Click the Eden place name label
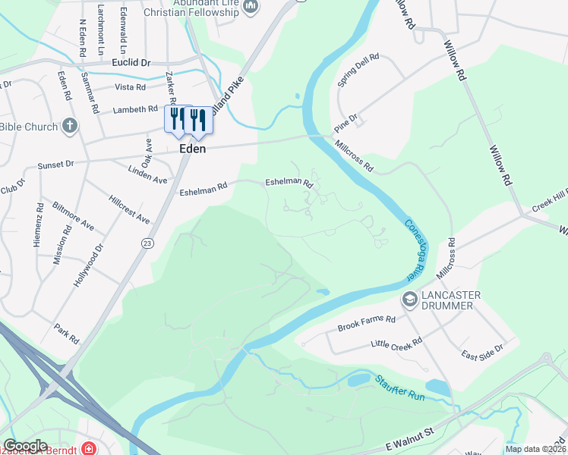pos(193,149)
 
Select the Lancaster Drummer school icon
pos(410,300)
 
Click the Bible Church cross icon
pos(70,126)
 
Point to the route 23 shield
pos(147,243)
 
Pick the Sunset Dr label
pos(56,164)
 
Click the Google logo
pos(25,446)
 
